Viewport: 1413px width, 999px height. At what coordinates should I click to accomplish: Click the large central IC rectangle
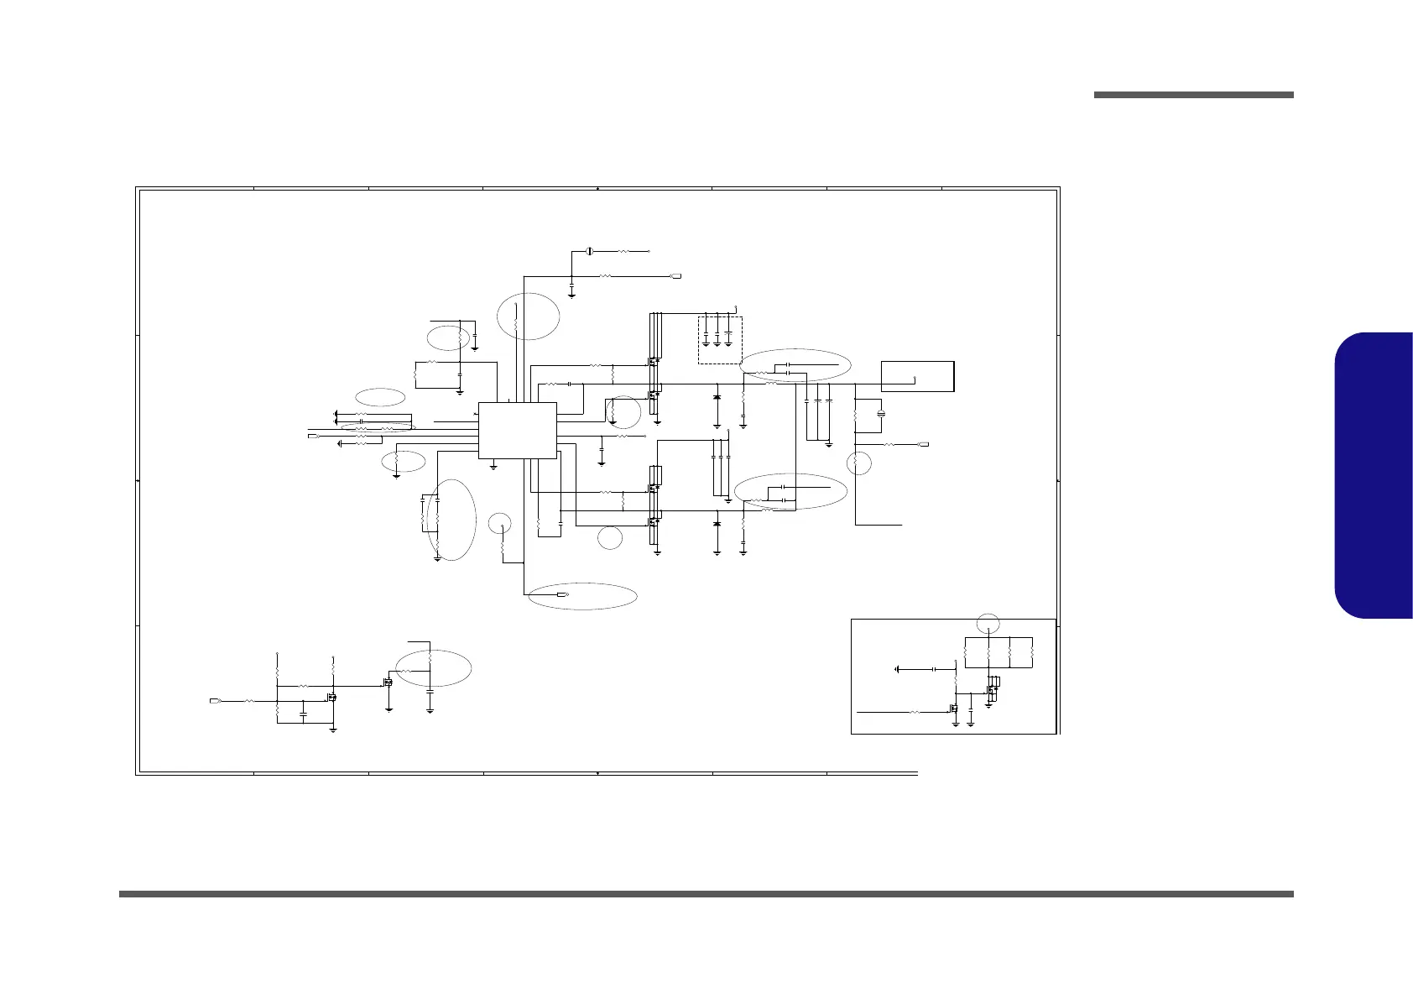517,430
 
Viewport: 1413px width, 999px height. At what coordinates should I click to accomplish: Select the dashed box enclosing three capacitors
720,340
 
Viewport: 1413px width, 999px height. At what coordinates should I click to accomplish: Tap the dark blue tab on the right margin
1373,475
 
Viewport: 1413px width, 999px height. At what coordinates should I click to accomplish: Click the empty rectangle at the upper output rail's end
917,375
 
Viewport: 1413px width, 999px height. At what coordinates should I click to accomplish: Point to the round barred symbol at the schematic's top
589,251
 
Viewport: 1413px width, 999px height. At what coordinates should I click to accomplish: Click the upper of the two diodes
717,395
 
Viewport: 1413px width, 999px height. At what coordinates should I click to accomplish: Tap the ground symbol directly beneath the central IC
493,466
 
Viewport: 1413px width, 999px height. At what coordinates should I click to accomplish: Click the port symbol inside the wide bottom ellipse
562,594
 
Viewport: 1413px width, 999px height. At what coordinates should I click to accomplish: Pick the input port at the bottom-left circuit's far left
216,700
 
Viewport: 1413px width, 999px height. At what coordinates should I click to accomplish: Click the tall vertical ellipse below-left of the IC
451,519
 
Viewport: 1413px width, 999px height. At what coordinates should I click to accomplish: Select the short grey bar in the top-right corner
1193,95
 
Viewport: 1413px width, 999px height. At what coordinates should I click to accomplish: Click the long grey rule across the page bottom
706,894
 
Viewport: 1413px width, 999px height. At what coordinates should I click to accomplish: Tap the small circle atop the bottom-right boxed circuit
989,623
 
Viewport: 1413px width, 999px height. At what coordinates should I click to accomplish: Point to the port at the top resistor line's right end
675,275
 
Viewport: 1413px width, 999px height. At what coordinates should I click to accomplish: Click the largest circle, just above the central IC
528,316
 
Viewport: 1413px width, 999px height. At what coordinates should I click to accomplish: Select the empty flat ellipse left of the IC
380,396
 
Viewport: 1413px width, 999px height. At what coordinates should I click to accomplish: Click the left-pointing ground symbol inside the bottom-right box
898,669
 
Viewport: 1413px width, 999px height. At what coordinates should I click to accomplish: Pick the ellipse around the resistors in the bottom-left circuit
433,667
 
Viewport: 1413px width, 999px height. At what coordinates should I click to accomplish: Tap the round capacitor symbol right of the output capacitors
880,414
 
